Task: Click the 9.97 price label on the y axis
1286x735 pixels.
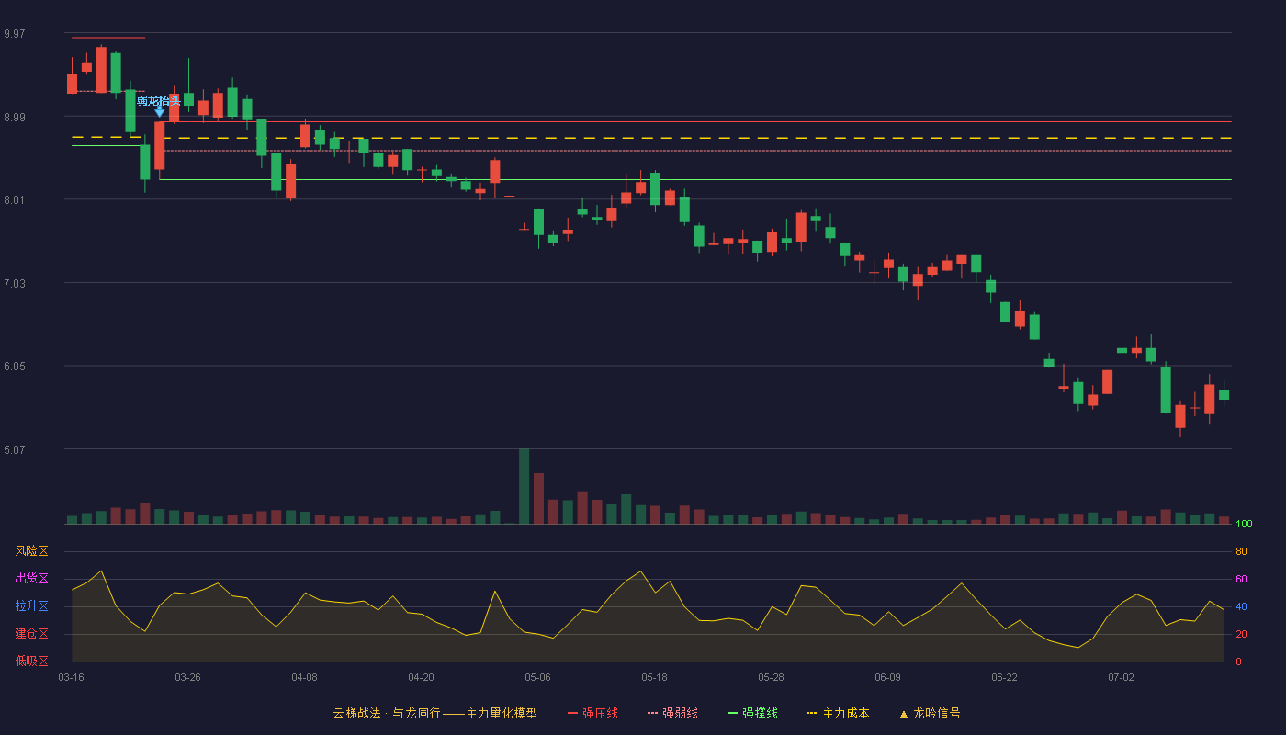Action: [x=15, y=34]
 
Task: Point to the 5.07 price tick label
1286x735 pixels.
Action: [x=15, y=449]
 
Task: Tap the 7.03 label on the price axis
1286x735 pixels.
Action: [x=15, y=284]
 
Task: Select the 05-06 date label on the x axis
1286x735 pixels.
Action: [x=537, y=678]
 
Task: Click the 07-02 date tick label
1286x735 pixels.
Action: [x=1121, y=678]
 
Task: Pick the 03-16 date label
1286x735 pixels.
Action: [x=72, y=678]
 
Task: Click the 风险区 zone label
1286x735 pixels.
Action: [x=31, y=551]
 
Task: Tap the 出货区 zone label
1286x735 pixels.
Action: [x=31, y=578]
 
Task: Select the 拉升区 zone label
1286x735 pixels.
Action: [x=31, y=605]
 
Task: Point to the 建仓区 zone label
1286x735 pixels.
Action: [x=31, y=633]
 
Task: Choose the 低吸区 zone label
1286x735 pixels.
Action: [x=31, y=661]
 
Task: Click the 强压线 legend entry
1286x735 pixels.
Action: [x=592, y=713]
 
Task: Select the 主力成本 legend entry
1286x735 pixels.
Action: [x=838, y=713]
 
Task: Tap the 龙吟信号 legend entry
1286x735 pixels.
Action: [x=930, y=713]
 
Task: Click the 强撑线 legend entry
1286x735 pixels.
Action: [x=752, y=713]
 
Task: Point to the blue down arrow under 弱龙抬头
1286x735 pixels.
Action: [x=160, y=111]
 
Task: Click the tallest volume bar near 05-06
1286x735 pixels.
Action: [x=525, y=486]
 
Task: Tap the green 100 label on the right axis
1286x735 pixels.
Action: [x=1244, y=524]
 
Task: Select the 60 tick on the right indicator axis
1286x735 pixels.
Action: [x=1241, y=579]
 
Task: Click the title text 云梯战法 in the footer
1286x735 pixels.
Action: [x=357, y=713]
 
